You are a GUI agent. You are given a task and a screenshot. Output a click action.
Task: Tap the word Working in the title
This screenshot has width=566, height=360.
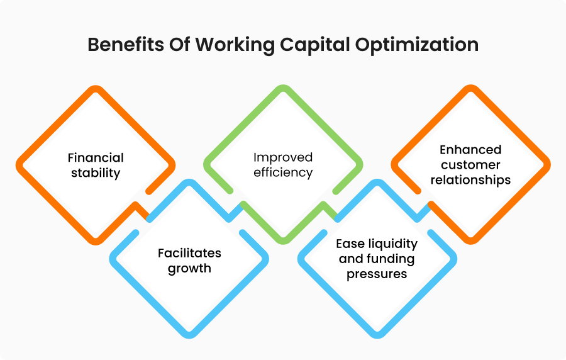coord(235,45)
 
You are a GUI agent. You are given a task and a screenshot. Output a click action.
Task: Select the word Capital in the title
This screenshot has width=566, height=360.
coord(315,45)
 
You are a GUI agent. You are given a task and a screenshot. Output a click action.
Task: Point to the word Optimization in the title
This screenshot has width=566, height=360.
coord(417,45)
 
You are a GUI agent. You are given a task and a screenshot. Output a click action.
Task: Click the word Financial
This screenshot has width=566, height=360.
coord(96,158)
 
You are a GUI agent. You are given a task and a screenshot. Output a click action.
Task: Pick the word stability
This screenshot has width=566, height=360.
coord(96,173)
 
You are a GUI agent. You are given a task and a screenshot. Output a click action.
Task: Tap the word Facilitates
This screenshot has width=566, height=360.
coord(189,253)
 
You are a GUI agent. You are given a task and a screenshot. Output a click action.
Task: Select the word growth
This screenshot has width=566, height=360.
coord(189,269)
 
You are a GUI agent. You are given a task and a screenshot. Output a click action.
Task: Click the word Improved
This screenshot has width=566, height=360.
coord(283,158)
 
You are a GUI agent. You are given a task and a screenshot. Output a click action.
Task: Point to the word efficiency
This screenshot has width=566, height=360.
coord(283,172)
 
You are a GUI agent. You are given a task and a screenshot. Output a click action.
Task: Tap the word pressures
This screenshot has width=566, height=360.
coord(377,274)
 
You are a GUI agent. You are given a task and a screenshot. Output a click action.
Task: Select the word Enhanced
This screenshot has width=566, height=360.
coord(470,150)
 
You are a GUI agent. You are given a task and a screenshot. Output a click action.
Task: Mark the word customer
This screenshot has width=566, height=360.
coord(470,165)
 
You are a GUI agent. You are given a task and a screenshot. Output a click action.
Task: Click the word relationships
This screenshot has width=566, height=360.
coord(470,180)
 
